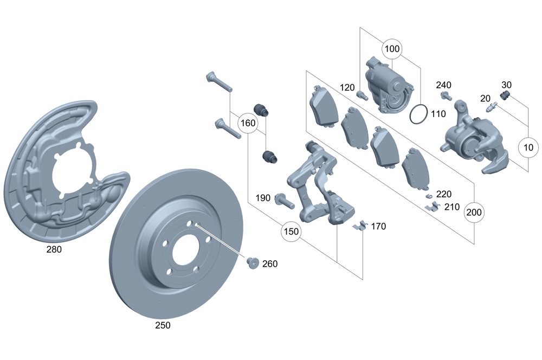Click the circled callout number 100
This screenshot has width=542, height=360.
pyautogui.click(x=392, y=49)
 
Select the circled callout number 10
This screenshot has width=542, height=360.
pyautogui.click(x=528, y=147)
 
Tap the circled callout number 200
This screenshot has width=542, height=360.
pyautogui.click(x=474, y=212)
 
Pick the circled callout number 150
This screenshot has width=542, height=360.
pyautogui.click(x=291, y=232)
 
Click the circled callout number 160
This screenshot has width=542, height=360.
pyautogui.click(x=248, y=123)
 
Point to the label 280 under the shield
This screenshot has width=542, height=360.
pyautogui.click(x=54, y=249)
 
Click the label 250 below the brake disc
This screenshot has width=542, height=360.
pyautogui.click(x=163, y=325)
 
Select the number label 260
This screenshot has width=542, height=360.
pyautogui.click(x=269, y=264)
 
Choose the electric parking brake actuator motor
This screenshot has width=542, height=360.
pyautogui.click(x=389, y=85)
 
